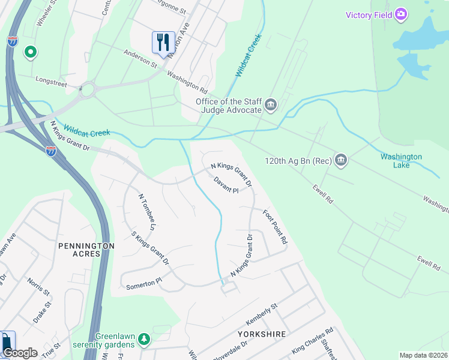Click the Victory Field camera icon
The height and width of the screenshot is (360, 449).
click(402, 14)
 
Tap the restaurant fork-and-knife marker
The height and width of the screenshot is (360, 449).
click(163, 42)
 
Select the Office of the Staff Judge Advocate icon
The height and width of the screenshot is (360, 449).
click(271, 106)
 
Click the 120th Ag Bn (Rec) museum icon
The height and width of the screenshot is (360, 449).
click(341, 160)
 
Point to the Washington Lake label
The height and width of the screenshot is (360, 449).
click(401, 161)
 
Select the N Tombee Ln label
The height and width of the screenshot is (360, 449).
click(147, 212)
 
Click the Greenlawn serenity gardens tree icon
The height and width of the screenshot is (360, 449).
click(143, 340)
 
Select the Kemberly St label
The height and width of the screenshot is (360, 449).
click(261, 315)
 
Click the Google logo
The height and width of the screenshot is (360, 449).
click(20, 353)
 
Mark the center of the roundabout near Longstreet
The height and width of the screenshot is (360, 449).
click(88, 90)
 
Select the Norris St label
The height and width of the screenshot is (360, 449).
click(38, 285)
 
